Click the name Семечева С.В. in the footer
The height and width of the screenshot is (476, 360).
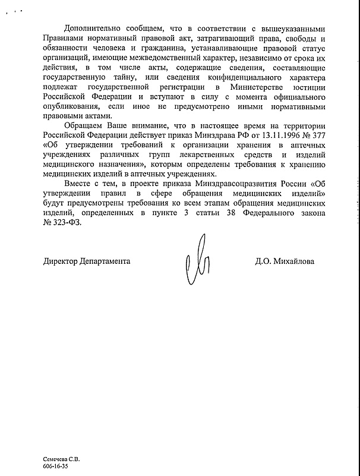coord(61,459)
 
